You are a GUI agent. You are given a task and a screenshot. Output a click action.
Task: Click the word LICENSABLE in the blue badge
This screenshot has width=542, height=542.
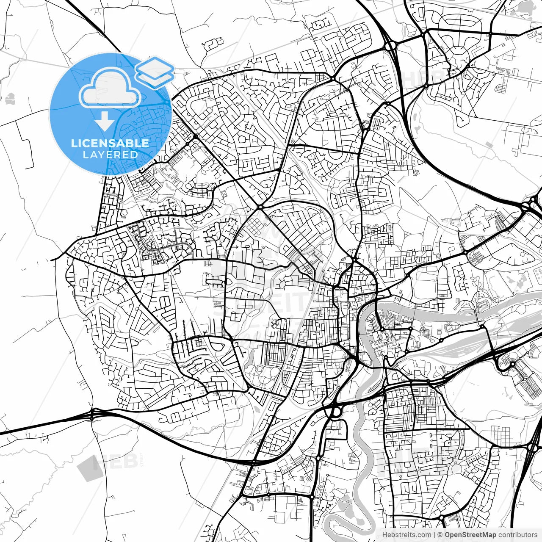pos(110,143)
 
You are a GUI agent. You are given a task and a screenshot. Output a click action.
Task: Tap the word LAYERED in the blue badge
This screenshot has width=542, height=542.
pos(110,155)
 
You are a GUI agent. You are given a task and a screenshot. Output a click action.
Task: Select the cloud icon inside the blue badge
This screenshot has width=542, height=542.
pos(110,88)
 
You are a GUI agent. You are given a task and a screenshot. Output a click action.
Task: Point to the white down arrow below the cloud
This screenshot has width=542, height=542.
pos(105,121)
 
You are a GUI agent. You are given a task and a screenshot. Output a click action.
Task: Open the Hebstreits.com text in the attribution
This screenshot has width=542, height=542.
pos(406,535)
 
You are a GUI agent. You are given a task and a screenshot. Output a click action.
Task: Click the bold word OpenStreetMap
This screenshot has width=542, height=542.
pos(470,535)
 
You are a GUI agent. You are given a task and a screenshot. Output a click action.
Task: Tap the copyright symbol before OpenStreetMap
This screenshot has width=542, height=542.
pos(440,535)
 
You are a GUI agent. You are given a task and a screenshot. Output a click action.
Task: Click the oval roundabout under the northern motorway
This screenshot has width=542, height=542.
pos(390,44)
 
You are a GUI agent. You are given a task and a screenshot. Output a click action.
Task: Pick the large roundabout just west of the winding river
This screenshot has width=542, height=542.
pos(335,410)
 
